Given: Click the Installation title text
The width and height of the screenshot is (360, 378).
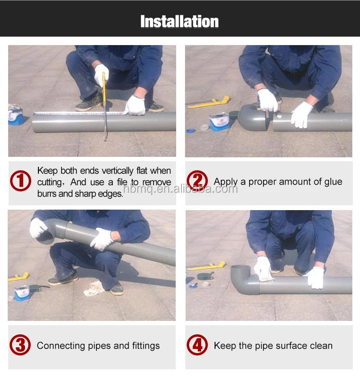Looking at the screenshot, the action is pyautogui.click(x=180, y=21).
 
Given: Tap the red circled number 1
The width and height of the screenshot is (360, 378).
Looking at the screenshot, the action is pyautogui.click(x=21, y=181).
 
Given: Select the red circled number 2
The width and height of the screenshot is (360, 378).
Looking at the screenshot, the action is pyautogui.click(x=197, y=181).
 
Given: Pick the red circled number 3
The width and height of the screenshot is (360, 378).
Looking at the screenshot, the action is pyautogui.click(x=20, y=345).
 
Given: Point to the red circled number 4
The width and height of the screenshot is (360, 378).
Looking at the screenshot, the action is pyautogui.click(x=197, y=345).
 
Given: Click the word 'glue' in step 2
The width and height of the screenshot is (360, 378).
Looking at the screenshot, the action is pyautogui.click(x=333, y=182).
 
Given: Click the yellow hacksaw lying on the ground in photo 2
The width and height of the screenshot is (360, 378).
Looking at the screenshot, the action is pyautogui.click(x=208, y=102).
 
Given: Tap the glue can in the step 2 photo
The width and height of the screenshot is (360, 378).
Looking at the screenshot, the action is pyautogui.click(x=219, y=122).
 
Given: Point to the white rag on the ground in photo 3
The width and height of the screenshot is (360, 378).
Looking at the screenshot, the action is pyautogui.click(x=94, y=288).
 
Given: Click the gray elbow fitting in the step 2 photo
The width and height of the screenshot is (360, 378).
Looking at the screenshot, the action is pyautogui.click(x=253, y=118).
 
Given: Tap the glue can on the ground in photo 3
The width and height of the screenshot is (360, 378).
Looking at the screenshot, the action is pyautogui.click(x=22, y=293).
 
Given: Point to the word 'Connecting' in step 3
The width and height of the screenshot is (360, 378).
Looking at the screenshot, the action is pyautogui.click(x=61, y=346).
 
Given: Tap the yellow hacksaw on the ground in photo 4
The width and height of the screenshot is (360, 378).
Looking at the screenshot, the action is pyautogui.click(x=207, y=266).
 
